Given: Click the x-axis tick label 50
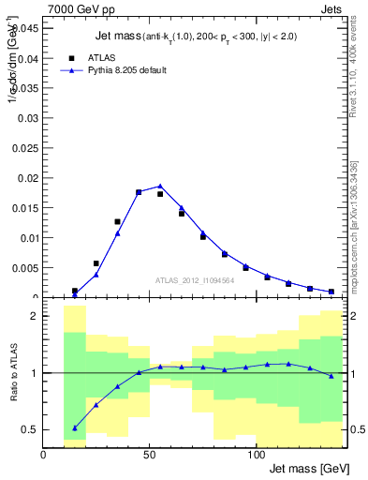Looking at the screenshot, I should (x=150, y=455).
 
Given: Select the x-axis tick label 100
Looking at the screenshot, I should (x=257, y=455).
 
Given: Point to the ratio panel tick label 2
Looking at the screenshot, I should (x=33, y=317).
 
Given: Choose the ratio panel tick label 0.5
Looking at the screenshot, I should (x=29, y=430).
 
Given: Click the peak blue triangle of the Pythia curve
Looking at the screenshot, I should (x=160, y=186).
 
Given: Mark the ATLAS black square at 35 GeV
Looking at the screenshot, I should (x=117, y=222).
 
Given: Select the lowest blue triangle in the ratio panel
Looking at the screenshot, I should (x=75, y=427).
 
